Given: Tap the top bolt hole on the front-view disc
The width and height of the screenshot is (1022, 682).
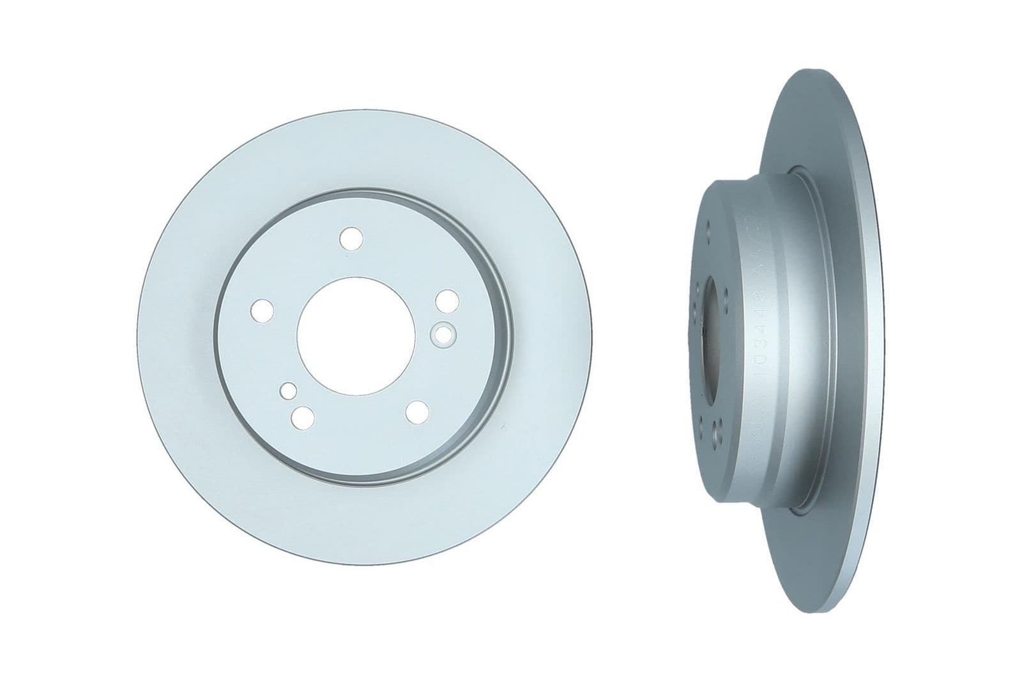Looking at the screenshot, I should point(351,238).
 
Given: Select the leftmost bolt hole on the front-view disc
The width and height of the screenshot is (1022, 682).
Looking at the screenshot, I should point(263,310).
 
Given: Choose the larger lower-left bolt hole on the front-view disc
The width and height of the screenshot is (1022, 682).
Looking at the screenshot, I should point(301,417).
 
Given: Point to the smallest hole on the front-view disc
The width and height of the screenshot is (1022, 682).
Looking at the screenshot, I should point(289,391).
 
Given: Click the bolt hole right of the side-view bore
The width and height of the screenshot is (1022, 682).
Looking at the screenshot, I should point(728,296).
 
